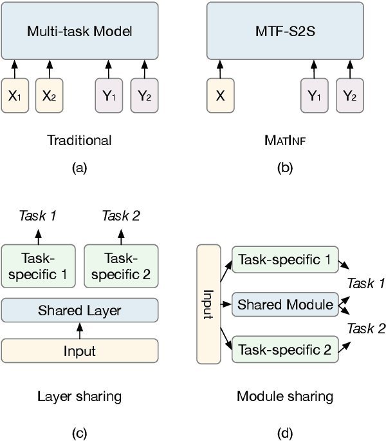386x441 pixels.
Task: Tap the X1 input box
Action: click(x=15, y=95)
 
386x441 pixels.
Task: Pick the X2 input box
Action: click(x=49, y=95)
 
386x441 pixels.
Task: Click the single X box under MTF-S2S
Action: click(x=221, y=95)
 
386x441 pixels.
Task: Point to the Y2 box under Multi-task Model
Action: click(x=144, y=95)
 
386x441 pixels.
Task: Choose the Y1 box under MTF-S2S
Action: click(x=313, y=95)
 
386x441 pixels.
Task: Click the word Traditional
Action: click(x=80, y=140)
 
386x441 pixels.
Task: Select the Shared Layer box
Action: click(x=80, y=311)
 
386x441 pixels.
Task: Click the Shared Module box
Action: click(x=286, y=304)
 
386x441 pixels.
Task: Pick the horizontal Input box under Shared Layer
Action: click(x=80, y=351)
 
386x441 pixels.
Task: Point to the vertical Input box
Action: click(x=208, y=303)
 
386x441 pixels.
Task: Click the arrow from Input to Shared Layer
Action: click(x=80, y=331)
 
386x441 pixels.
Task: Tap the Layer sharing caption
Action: click(x=80, y=395)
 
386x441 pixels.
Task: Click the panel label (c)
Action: click(x=80, y=433)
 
